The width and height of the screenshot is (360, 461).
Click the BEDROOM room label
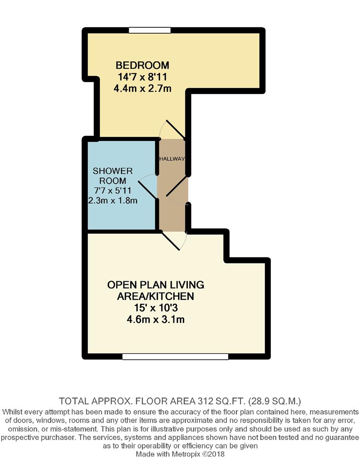point(142,65)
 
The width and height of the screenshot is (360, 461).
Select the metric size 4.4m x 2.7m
point(142,89)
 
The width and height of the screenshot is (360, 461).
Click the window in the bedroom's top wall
point(150,30)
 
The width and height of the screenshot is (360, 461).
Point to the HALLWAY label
point(172,159)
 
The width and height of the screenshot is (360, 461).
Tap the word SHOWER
point(113,171)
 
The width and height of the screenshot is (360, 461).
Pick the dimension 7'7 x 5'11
point(113,191)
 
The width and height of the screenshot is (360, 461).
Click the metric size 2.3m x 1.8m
point(113,201)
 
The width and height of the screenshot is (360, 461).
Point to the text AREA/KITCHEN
point(155,296)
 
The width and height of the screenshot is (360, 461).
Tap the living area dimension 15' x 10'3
point(155,308)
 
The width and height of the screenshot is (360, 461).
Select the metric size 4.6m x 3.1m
point(155,319)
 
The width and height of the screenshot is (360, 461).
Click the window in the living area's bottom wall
point(175,356)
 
